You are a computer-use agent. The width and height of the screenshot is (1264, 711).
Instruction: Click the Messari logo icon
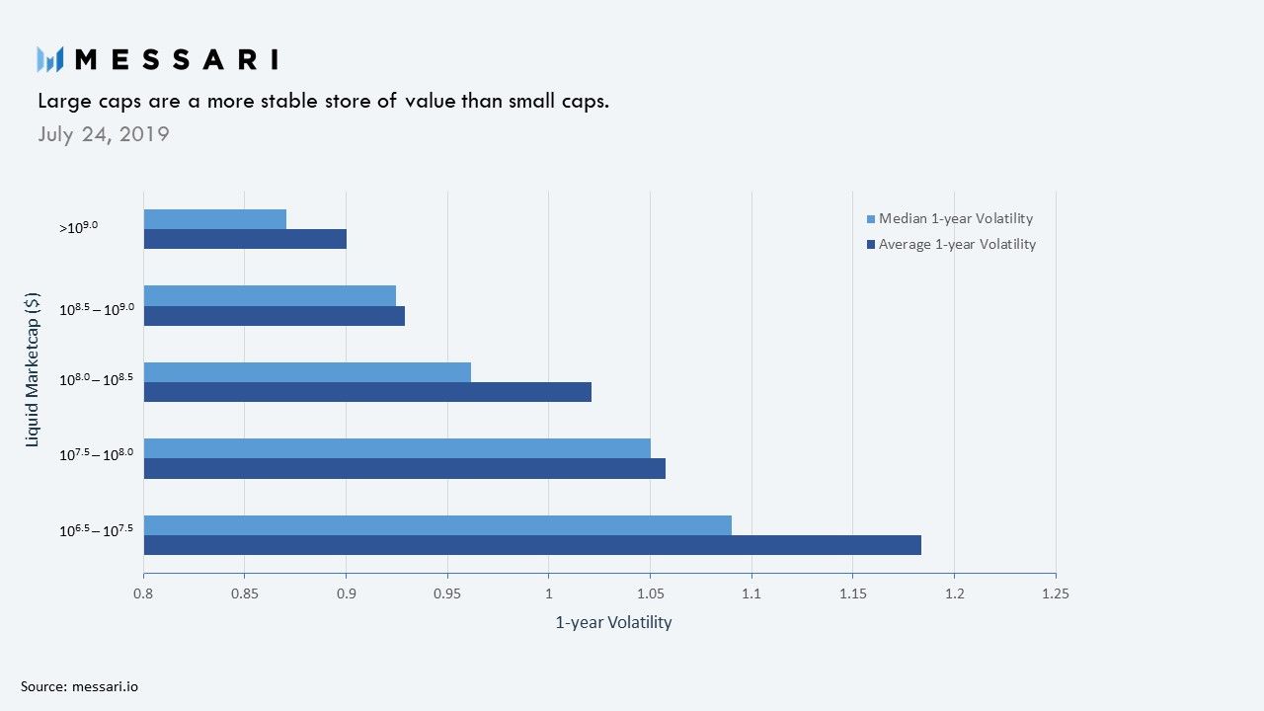50,59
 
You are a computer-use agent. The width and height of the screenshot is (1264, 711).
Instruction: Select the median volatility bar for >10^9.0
215,219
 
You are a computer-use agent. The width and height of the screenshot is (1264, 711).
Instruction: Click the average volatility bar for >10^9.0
246,239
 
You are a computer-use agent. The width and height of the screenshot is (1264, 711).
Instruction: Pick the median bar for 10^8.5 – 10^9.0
270,295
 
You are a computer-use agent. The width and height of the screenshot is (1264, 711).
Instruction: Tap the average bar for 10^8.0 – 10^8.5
368,392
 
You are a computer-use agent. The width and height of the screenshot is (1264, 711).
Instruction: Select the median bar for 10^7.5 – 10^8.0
397,448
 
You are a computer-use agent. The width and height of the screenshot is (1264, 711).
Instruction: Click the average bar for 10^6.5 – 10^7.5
532,545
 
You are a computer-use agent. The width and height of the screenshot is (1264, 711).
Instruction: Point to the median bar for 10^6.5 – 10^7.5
437,525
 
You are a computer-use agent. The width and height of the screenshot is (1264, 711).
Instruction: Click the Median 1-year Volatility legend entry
950,218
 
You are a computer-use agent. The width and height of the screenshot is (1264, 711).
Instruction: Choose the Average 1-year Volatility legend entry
951,244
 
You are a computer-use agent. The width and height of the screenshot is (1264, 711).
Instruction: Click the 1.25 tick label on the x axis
1056,593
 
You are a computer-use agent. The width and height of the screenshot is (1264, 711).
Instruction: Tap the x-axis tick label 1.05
651,593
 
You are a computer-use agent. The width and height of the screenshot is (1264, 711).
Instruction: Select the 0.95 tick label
447,593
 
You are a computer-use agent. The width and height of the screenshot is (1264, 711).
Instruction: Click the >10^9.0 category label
78,227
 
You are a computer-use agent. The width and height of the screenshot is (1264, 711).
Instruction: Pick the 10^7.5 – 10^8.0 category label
97,453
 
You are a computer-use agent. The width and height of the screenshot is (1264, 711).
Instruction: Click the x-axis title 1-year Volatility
613,622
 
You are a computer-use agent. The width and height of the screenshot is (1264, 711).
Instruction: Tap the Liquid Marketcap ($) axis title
33,370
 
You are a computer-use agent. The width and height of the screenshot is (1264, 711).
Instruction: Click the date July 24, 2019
104,134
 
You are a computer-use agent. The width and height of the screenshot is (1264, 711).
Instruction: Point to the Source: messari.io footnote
80,686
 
